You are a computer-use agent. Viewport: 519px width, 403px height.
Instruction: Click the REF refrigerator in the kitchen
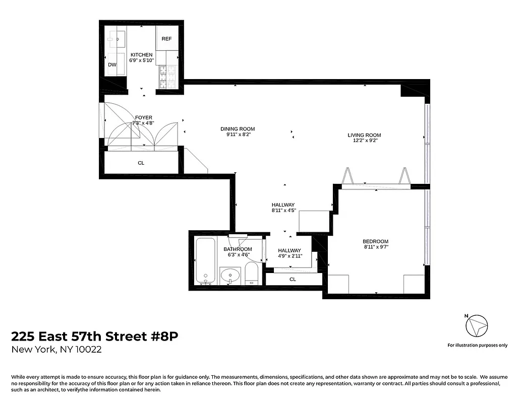point(166,39)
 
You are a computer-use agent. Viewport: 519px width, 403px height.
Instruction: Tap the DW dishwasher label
point(112,64)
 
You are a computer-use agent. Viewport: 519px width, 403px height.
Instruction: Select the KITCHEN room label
point(141,54)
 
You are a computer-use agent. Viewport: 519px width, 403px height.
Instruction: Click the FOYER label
point(143,118)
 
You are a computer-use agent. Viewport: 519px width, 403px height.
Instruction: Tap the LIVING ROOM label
point(364,135)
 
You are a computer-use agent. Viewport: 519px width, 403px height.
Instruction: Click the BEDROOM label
point(376,241)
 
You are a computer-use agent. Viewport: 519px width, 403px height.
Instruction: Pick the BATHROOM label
point(238,249)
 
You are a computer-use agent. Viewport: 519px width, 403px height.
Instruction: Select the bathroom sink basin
point(232,276)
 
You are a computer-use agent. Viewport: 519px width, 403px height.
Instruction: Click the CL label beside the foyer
point(141,163)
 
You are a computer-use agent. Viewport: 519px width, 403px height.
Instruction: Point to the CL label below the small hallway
point(293,279)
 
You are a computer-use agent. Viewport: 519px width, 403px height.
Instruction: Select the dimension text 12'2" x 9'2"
point(364,141)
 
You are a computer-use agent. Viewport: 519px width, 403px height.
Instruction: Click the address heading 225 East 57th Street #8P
point(95,336)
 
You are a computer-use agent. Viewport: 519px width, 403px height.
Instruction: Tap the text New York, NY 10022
point(56,350)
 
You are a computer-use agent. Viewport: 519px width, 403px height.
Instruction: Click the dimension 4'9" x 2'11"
point(290,256)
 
